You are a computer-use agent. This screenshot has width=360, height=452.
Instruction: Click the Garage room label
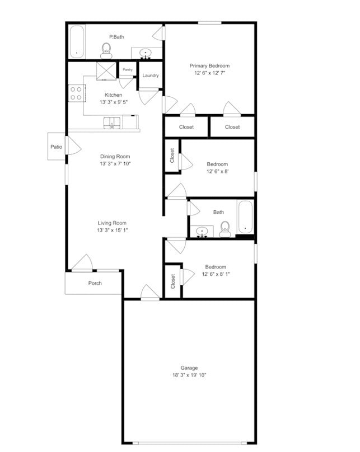point(189,368)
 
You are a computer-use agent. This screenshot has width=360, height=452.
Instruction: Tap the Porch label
point(95,283)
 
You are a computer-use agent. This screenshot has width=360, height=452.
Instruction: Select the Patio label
point(56,147)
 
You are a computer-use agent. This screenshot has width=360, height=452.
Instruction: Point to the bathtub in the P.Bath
point(76,41)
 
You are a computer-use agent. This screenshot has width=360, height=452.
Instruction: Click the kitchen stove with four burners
point(76,93)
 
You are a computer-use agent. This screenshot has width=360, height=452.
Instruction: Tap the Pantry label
point(127,70)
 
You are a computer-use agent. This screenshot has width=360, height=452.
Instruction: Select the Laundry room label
point(150,76)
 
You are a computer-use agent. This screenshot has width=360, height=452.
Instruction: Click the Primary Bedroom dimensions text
point(209,73)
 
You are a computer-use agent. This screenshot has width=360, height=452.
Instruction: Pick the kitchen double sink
point(112,122)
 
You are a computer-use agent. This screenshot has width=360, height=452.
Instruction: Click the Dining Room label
point(115,156)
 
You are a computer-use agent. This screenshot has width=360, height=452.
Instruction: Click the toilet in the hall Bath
point(225,229)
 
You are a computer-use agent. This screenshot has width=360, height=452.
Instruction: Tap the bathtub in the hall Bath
point(245,217)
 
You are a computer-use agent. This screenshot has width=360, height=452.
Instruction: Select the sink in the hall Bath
point(202,231)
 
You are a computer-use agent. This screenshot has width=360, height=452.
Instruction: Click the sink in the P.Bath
point(147,54)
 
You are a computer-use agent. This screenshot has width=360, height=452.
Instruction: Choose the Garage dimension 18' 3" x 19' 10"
point(189,375)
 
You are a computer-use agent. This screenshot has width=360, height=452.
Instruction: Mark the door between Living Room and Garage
point(149,293)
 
